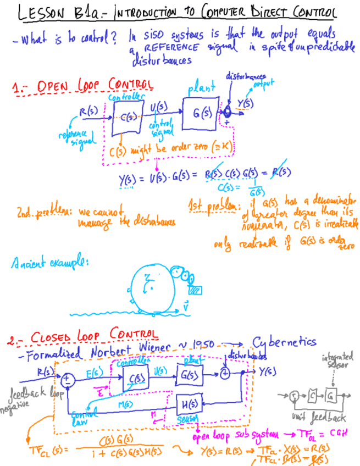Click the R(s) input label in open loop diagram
click(88, 112)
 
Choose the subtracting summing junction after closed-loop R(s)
click(67, 379)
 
